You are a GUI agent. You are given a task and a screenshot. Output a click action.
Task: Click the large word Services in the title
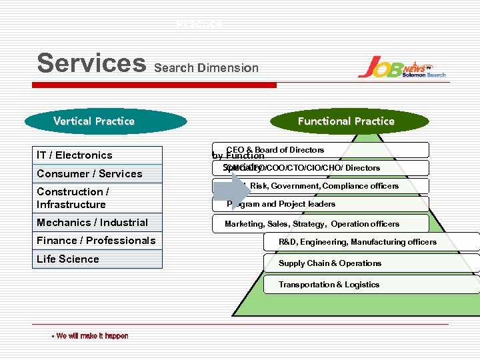pyautogui.click(x=91, y=63)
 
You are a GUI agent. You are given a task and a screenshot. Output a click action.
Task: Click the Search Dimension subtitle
pyautogui.click(x=206, y=67)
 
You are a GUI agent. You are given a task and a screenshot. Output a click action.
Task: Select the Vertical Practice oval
pyautogui.click(x=94, y=121)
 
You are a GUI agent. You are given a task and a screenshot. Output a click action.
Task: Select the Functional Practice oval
pyautogui.click(x=345, y=121)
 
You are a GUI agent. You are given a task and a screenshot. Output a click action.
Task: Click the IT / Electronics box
pyautogui.click(x=99, y=155)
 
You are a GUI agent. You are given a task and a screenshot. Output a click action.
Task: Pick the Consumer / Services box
pyautogui.click(x=99, y=174)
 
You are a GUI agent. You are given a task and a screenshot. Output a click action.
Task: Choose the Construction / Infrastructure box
pyautogui.click(x=99, y=198)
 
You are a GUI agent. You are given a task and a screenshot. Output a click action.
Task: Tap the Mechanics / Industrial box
pyautogui.click(x=99, y=223)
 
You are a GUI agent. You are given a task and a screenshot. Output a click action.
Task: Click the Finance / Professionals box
pyautogui.click(x=99, y=241)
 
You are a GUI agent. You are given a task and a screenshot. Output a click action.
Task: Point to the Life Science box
pyautogui.click(x=99, y=259)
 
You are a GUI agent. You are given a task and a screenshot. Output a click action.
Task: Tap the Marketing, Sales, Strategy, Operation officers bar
pyautogui.click(x=320, y=224)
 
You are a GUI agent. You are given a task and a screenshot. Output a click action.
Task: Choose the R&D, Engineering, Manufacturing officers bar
pyautogui.click(x=371, y=242)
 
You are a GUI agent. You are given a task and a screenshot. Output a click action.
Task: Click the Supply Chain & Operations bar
pyautogui.click(x=371, y=263)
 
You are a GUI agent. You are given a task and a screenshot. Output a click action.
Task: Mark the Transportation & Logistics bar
pyautogui.click(x=371, y=285)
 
